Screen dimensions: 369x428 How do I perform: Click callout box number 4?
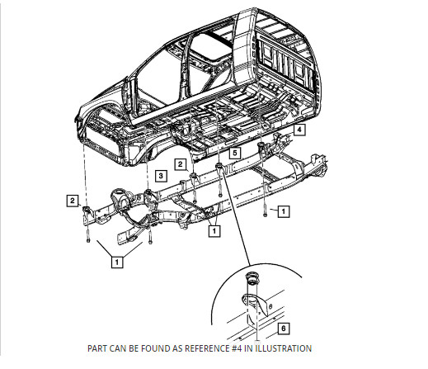click(300, 130)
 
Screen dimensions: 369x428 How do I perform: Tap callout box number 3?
click(162, 177)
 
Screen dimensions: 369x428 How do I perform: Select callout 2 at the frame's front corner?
click(73, 200)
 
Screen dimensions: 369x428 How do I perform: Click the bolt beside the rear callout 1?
click(265, 212)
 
